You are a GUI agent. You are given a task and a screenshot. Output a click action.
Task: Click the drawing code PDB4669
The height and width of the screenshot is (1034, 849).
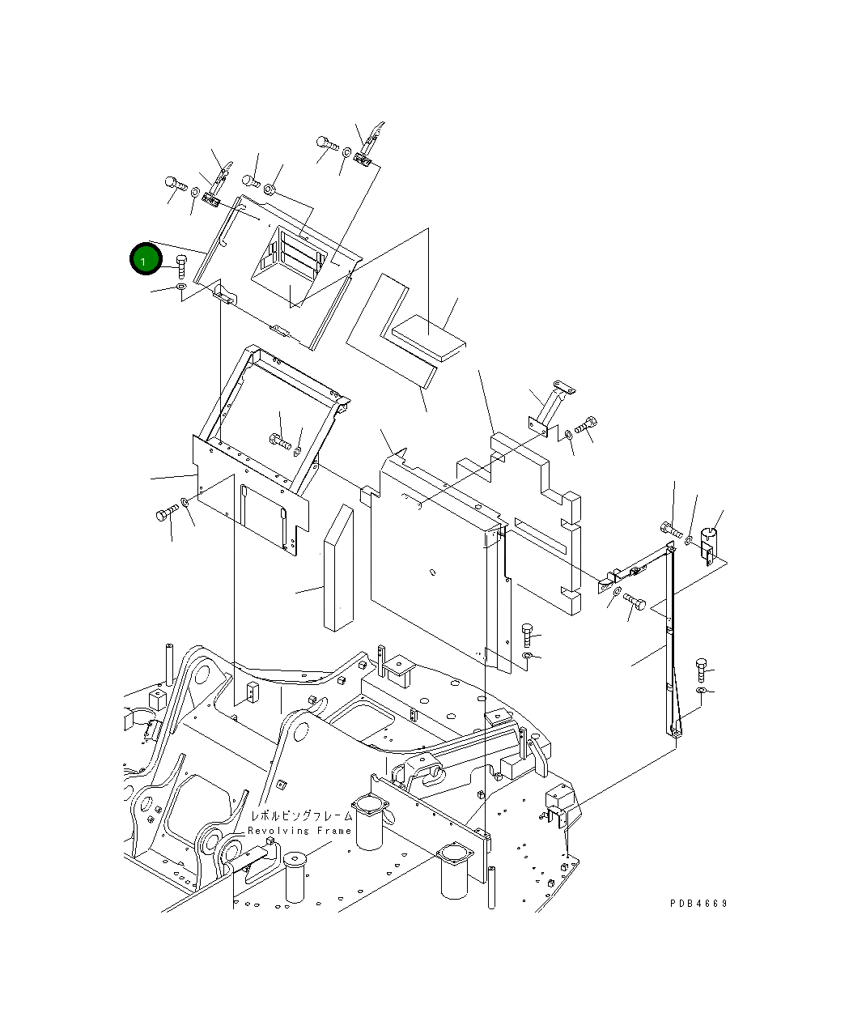(x=698, y=903)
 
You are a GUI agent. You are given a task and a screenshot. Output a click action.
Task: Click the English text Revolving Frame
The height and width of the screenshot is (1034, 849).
(x=299, y=831)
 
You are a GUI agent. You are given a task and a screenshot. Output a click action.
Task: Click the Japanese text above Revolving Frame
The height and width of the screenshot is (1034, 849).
(x=301, y=816)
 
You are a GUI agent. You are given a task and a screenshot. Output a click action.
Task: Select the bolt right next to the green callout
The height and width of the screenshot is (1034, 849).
(x=180, y=265)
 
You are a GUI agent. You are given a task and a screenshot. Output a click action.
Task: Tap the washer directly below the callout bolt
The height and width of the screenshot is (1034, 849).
(x=180, y=287)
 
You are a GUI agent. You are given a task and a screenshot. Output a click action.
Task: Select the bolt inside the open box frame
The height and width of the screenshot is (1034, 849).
(x=279, y=441)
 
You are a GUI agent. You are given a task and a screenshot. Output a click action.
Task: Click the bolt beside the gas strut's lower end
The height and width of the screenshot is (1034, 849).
(x=702, y=669)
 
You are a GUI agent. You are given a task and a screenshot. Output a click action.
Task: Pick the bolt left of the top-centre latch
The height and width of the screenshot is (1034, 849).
(x=327, y=143)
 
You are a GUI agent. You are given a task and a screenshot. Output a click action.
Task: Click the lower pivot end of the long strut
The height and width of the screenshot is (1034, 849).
(x=674, y=730)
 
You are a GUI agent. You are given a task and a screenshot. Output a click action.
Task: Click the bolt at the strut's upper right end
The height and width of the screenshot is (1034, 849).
(x=669, y=530)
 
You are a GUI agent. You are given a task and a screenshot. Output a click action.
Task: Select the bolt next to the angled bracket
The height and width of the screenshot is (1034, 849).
(x=586, y=423)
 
